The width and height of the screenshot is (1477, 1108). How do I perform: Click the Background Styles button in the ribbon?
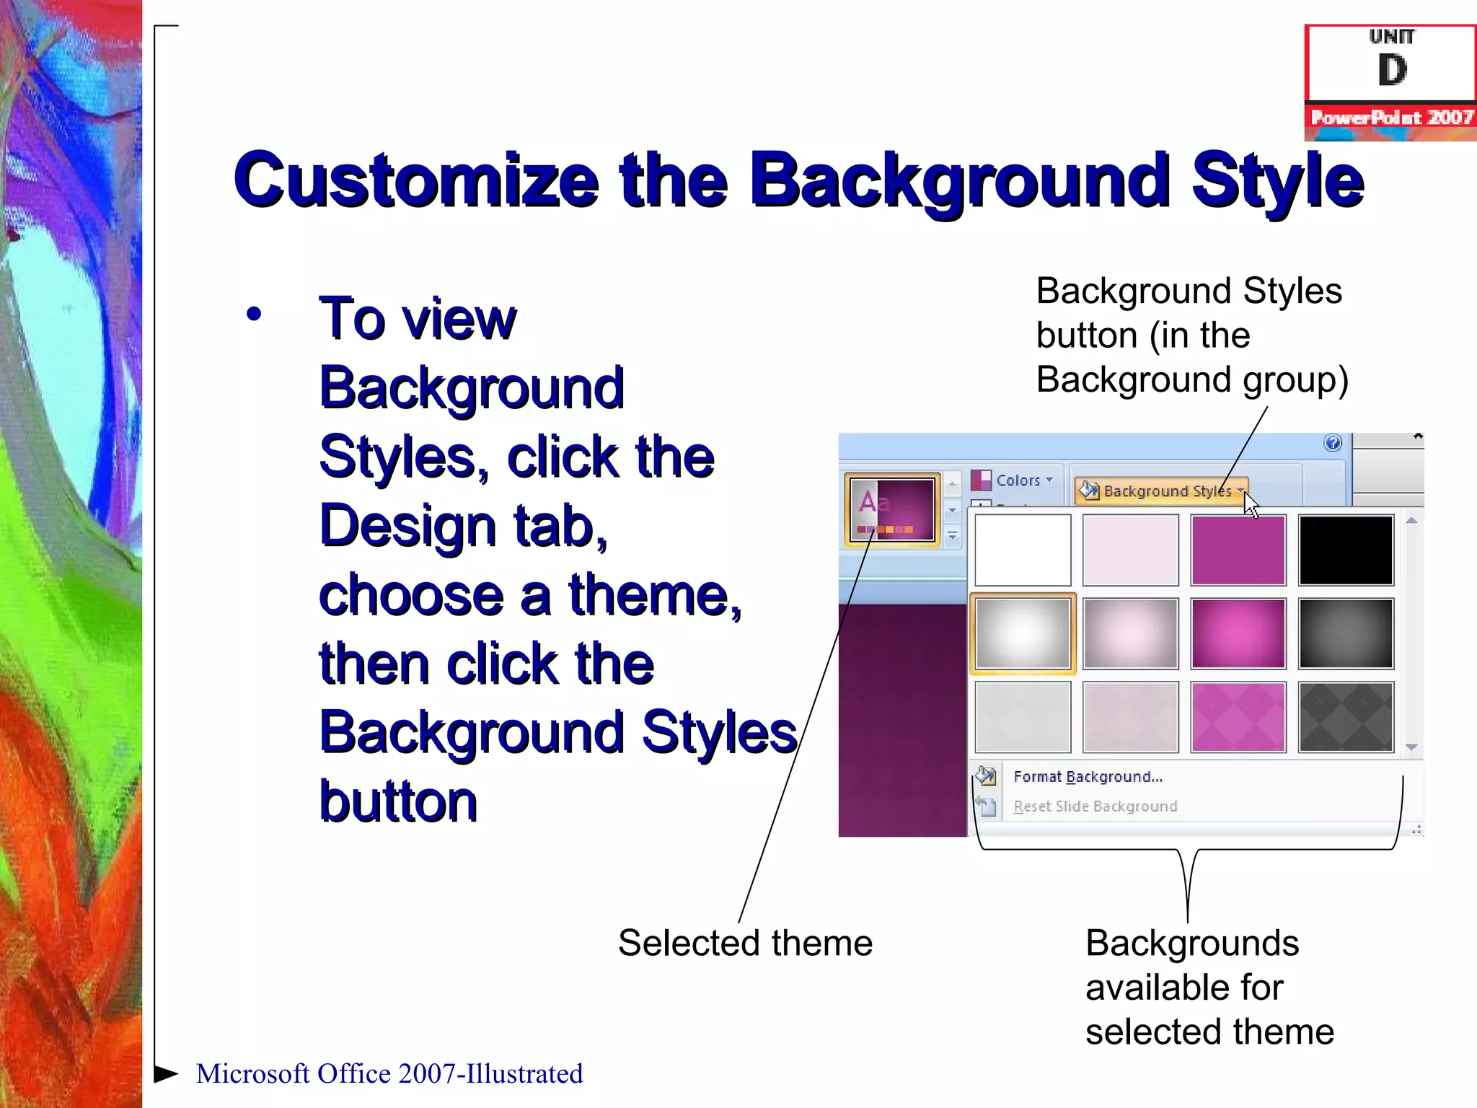pos(1160,491)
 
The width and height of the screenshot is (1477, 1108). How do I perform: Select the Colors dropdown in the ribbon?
pos(1013,480)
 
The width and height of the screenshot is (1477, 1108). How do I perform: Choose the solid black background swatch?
pos(1346,550)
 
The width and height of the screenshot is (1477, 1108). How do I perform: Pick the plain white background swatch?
pos(1023,550)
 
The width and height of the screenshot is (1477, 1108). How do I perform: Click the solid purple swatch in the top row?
pos(1238,550)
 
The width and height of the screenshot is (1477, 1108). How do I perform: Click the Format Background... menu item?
pos(1088,777)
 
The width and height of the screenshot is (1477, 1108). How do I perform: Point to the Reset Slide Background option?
pos(1095,806)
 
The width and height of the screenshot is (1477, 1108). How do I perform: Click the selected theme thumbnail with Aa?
pos(892,509)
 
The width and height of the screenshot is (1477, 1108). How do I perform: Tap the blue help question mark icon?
pos(1333,443)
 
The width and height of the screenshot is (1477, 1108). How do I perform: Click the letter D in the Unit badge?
pos(1392,71)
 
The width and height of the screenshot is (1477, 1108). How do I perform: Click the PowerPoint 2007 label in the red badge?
pos(1391,118)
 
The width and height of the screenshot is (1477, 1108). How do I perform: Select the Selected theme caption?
pos(745,944)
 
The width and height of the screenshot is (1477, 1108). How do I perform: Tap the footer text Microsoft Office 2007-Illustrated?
pos(389,1074)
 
